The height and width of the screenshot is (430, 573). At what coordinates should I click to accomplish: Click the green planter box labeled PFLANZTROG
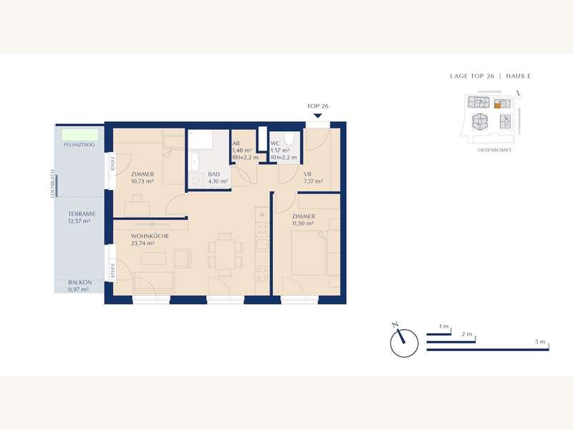(x=73, y=134)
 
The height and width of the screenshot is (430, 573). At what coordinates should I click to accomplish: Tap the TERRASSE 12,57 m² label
(x=82, y=218)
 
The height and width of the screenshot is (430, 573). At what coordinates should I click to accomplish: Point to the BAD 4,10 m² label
(x=217, y=178)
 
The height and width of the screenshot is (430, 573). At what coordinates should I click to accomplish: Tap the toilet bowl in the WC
(x=288, y=139)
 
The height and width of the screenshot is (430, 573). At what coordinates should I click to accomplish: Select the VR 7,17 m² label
(x=312, y=178)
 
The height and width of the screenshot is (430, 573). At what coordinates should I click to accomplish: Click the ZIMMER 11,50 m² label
(x=304, y=220)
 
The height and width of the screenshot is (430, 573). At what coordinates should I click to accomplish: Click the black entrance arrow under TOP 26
(x=317, y=115)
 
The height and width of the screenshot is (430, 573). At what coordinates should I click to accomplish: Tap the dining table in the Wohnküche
(x=226, y=253)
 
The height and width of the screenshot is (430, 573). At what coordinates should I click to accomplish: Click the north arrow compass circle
(x=403, y=343)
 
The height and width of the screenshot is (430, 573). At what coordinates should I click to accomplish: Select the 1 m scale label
(x=443, y=327)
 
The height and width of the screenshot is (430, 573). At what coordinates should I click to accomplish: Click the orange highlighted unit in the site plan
(x=498, y=105)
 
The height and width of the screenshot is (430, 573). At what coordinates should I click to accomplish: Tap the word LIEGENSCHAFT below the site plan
(x=491, y=150)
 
